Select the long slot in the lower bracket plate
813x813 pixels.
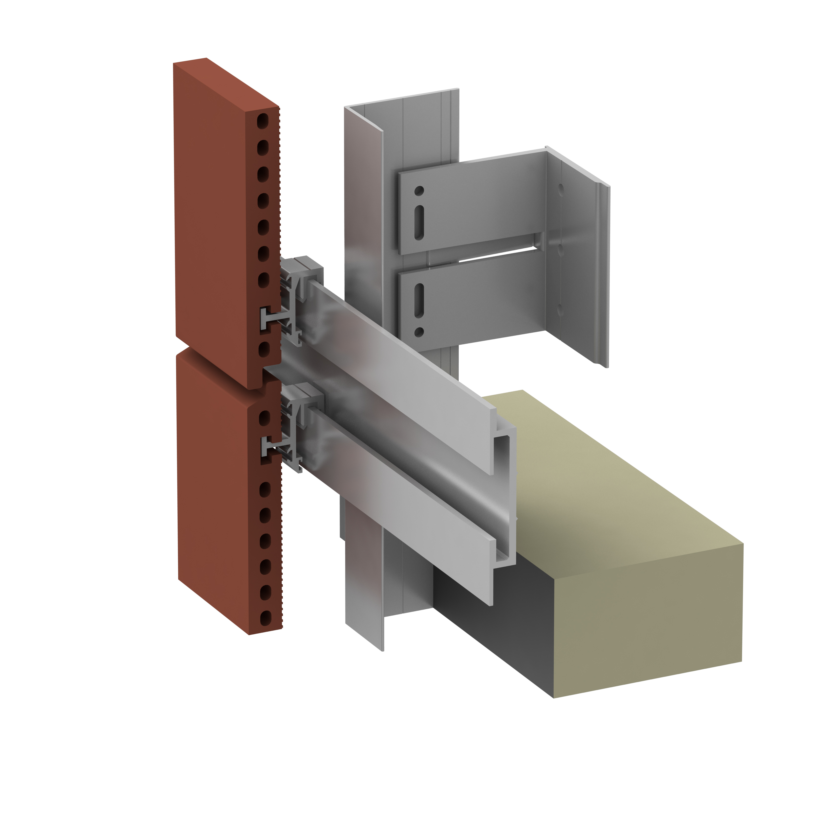coord(419,301)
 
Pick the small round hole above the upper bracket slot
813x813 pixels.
coord(419,191)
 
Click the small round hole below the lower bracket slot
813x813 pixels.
coord(419,332)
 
